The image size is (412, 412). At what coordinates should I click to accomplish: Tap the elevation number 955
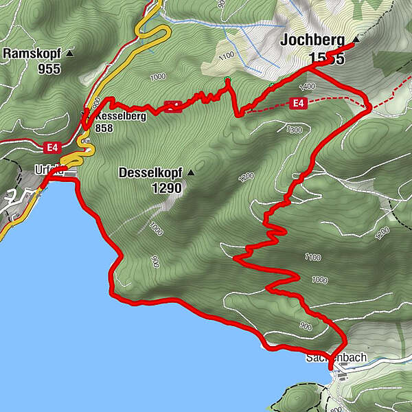coord(49,69)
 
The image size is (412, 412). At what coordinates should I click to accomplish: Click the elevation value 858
coord(104,128)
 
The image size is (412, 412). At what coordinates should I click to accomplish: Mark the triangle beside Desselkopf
coord(190,172)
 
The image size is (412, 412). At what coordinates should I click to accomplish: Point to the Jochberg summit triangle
coord(356,39)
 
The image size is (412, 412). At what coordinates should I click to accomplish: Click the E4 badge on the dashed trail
coord(297,103)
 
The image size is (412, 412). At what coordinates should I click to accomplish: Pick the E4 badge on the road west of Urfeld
coord(51,147)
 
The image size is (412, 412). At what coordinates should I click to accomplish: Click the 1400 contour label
coord(306,87)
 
